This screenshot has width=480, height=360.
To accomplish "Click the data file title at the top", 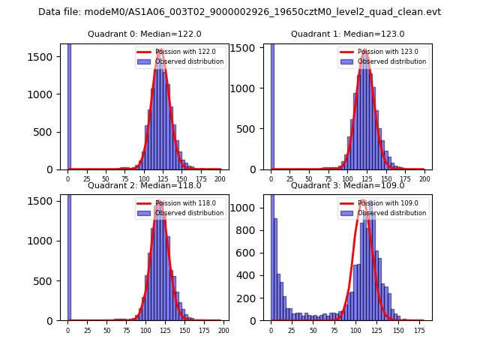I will [239, 12].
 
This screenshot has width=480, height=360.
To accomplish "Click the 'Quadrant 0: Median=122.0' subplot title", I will [144, 34].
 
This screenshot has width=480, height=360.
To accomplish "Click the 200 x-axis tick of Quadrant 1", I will [424, 179].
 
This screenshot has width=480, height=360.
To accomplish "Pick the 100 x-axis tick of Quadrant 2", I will [145, 330].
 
